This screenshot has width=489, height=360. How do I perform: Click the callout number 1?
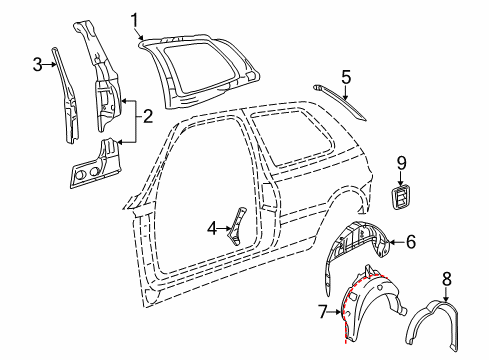[x=134, y=21]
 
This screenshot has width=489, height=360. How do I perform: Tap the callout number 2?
[x=147, y=116]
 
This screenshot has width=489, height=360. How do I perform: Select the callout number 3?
[x=38, y=64]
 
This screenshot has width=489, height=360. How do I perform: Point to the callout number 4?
[x=212, y=229]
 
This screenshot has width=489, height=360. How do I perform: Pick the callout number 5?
[x=346, y=77]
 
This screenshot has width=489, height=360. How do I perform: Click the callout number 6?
[x=411, y=242]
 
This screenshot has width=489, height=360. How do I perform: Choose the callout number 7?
[x=323, y=312]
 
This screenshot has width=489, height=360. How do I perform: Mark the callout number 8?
[x=446, y=279]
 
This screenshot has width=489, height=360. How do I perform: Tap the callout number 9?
[x=401, y=163]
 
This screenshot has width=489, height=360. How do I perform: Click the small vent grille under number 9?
[x=402, y=197]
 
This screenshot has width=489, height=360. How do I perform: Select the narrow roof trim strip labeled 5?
[x=339, y=102]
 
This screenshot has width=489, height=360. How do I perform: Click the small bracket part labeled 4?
[x=237, y=226]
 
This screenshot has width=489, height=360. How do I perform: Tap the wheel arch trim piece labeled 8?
[x=433, y=325]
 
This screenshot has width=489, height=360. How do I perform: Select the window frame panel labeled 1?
[x=199, y=70]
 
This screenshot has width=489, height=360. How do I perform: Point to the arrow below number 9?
[x=401, y=178]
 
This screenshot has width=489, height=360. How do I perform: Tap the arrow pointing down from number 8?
[x=446, y=294]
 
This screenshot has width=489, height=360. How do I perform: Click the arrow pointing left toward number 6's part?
[x=397, y=242]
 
